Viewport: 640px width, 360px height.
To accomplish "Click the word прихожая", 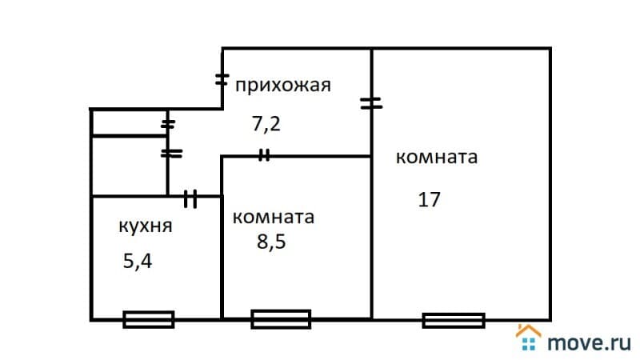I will point(282,85).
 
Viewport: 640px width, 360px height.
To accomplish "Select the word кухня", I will point(146,226).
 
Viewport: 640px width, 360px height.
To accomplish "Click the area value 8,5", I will point(270,242).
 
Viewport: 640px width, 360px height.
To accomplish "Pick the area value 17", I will point(429,199).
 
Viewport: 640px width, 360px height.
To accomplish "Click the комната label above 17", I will point(437,157).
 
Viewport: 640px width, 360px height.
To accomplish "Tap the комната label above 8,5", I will point(273,217).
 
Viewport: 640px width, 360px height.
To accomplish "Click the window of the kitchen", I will point(149,319).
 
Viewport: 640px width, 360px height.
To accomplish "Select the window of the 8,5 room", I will point(281,319).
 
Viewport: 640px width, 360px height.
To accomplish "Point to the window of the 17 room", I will point(454,320).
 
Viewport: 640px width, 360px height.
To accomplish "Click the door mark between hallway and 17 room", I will point(371,102).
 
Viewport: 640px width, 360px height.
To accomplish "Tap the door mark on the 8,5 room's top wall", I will point(264,156).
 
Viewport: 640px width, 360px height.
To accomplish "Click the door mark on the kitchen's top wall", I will point(190,198).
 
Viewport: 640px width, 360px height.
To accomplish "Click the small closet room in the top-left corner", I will point(128,123).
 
